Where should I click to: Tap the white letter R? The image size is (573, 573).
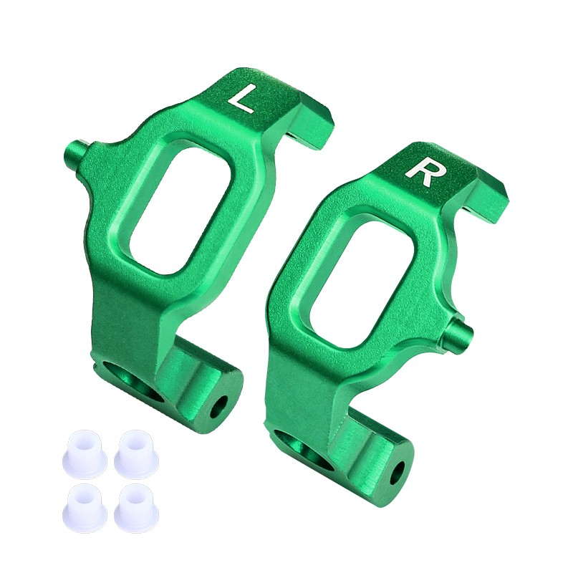[420, 172]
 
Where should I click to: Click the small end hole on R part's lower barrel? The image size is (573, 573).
[398, 471]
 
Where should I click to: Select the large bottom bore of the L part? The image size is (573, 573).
[137, 380]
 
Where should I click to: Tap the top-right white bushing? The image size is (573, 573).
[136, 451]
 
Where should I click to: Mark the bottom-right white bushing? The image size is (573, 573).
[136, 504]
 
